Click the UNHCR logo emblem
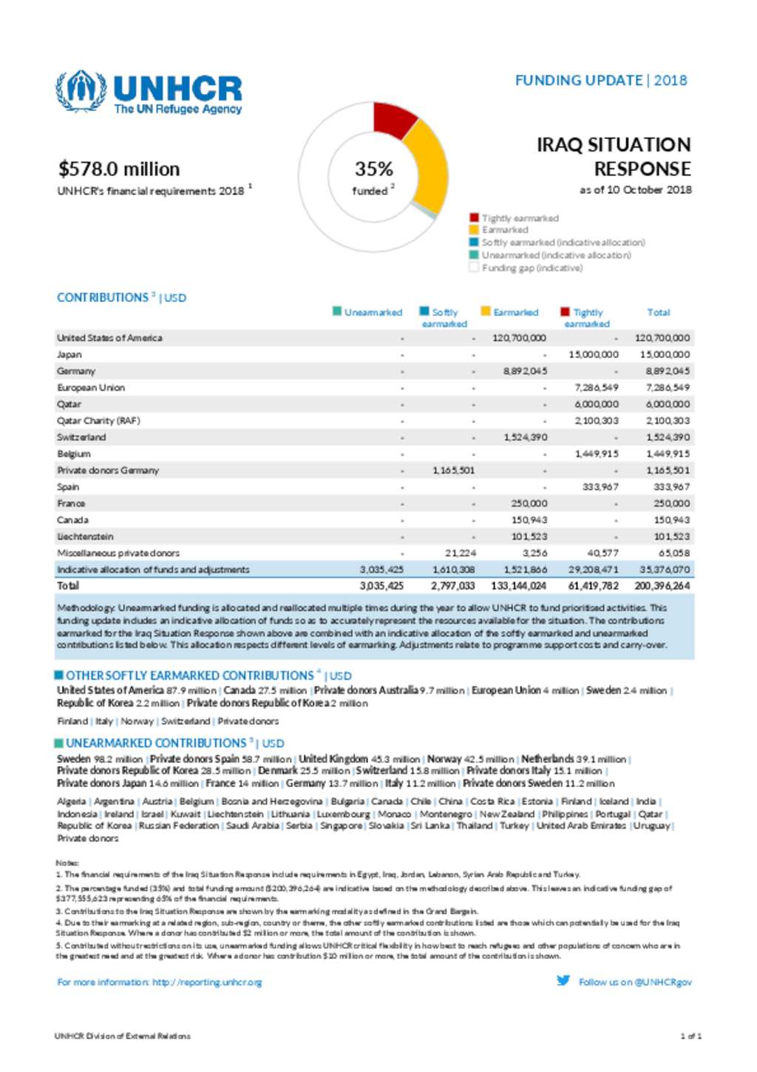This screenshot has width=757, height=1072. pos(81,91)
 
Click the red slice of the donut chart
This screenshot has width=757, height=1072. pos(394,119)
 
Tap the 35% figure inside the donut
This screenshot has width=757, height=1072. pos(373,169)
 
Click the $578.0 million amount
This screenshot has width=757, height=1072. pos(119,169)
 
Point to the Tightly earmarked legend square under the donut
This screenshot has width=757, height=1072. pos(474,218)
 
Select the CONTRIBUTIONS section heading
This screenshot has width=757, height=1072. pos(103,297)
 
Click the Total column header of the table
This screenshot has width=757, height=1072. pos(658,312)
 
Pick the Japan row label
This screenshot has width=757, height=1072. pos(69,354)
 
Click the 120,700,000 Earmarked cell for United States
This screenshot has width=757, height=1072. pos(519,338)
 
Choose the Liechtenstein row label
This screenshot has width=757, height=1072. pos(85,536)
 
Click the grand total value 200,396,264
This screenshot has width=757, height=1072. pos(662,586)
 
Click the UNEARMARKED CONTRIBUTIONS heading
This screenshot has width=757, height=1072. pos(156,743)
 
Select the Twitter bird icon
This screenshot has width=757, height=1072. pos(563,980)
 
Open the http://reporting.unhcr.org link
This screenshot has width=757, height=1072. pos(207,982)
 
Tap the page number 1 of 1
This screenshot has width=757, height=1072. pos(690,1036)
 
